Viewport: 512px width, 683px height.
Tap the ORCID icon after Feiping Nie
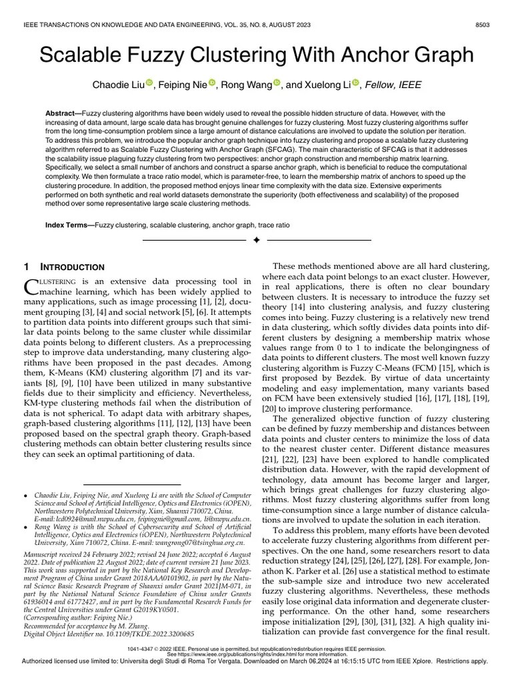coord(213,83)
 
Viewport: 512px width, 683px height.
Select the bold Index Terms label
coord(69,225)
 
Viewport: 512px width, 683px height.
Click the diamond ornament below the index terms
coord(256,239)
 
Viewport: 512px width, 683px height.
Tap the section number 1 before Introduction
coord(26,267)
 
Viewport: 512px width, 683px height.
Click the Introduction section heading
coord(73,267)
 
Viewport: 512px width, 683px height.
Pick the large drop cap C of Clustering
coord(29,287)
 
